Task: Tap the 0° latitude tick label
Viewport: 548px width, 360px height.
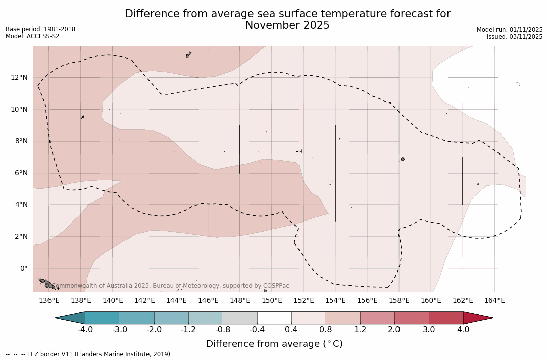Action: point(23,268)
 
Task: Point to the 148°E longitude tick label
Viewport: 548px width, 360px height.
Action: point(240,301)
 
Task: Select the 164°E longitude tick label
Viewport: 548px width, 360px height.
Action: point(494,301)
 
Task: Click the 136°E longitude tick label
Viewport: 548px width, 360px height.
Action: point(49,301)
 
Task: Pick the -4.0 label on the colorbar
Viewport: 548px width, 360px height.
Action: point(85,330)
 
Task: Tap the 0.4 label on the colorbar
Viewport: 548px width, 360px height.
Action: point(291,330)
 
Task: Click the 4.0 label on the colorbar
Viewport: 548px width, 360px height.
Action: point(463,330)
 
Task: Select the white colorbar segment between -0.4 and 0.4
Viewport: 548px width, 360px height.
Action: point(274,318)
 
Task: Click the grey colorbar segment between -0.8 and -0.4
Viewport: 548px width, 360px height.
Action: point(240,318)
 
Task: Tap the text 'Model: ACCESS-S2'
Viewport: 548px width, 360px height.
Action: point(32,36)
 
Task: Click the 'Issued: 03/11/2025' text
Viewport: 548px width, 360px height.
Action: point(515,37)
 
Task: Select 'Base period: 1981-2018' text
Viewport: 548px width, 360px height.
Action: point(40,29)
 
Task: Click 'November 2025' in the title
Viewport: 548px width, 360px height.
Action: point(287,25)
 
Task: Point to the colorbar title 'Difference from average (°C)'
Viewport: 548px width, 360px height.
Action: point(274,344)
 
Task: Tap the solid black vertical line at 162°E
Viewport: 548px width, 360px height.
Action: point(463,181)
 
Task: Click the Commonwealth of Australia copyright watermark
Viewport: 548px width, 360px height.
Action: point(171,286)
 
